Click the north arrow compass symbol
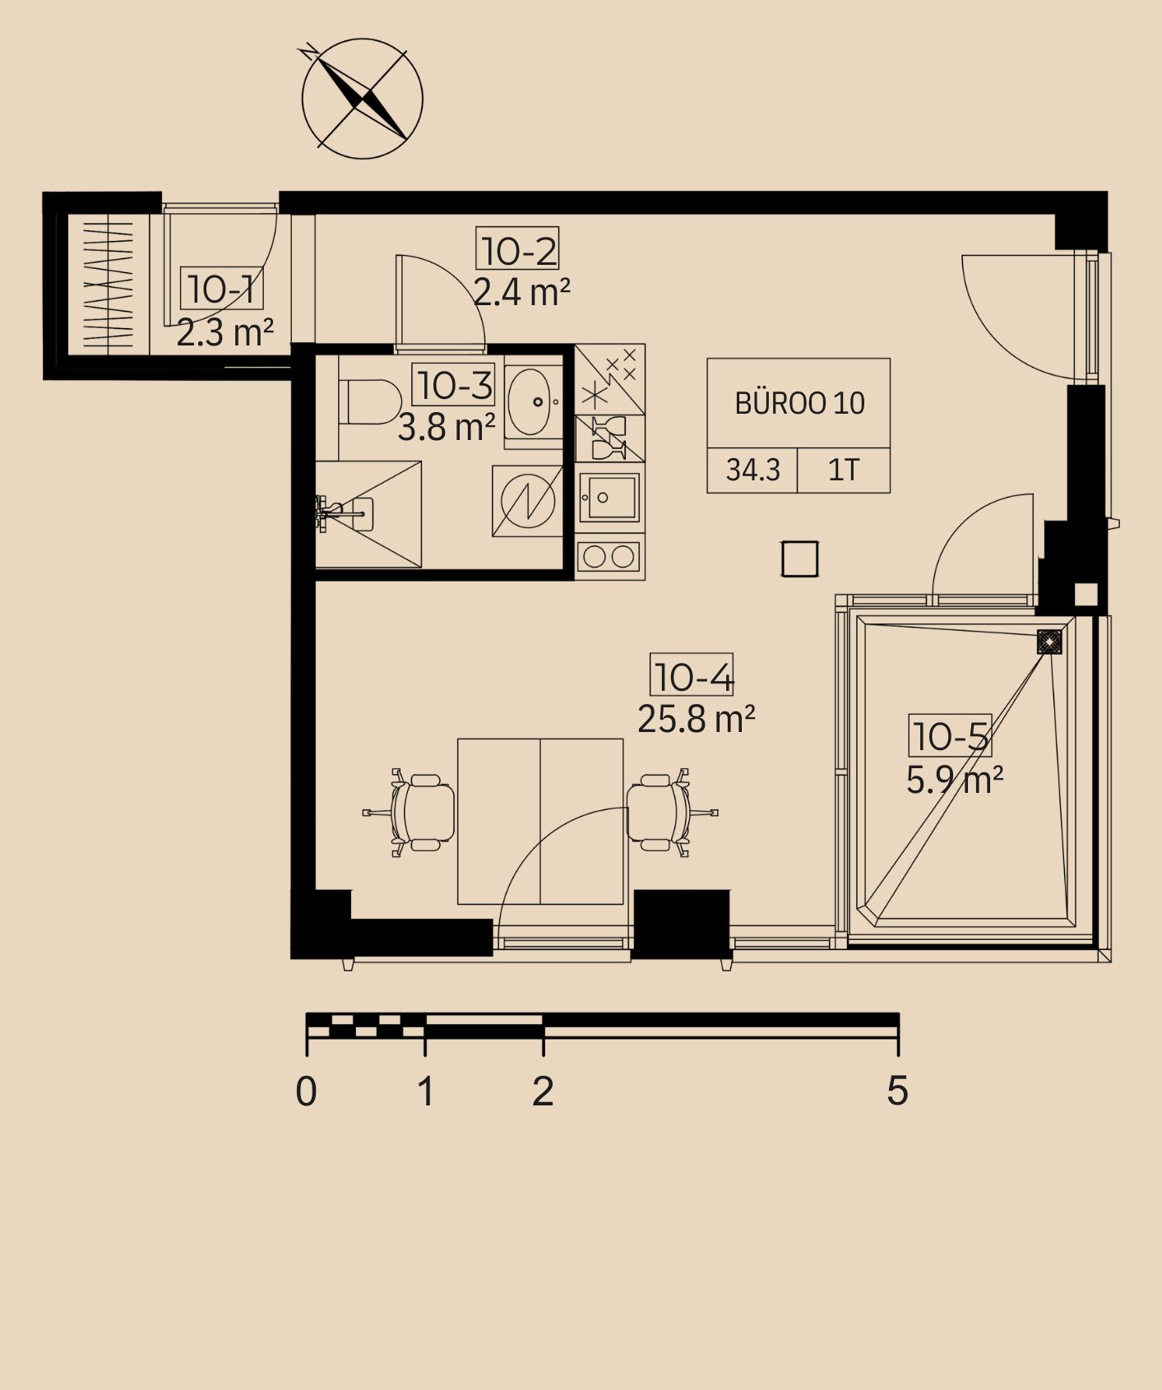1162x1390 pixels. [x=362, y=99]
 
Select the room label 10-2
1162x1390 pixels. [x=517, y=248]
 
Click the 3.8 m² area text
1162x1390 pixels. [x=447, y=428]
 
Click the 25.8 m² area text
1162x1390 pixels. [x=697, y=719]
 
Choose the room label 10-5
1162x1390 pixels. [x=950, y=735]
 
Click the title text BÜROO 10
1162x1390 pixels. [x=799, y=403]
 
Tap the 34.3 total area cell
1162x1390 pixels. [x=752, y=470]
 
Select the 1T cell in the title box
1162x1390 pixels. [x=844, y=470]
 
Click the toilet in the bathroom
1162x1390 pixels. [x=368, y=401]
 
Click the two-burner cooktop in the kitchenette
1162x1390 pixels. [x=609, y=557]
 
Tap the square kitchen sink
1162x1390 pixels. [x=609, y=497]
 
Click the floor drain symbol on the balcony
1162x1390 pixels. [x=1049, y=642]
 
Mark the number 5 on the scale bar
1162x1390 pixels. [x=897, y=1091]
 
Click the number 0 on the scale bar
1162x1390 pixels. [x=306, y=1091]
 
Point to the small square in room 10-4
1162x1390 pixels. [x=799, y=558]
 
